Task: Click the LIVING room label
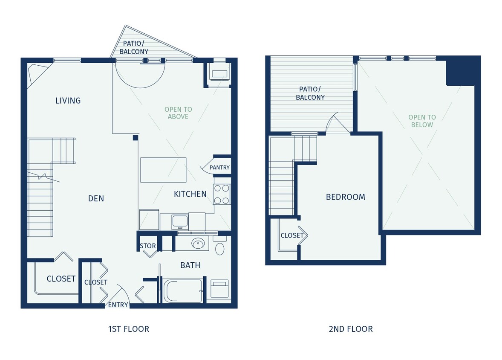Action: tap(68, 101)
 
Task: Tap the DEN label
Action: tap(96, 198)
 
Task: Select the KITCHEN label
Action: tap(190, 194)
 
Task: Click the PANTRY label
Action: tap(219, 168)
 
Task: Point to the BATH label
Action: tap(190, 265)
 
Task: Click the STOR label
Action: tap(147, 246)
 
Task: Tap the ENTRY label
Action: tap(118, 305)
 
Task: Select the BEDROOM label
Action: tap(346, 197)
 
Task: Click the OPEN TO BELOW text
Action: tap(422, 121)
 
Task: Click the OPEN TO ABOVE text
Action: tap(178, 113)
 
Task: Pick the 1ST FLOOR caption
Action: tap(129, 329)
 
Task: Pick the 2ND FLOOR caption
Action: tap(351, 329)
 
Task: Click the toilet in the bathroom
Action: tap(220, 247)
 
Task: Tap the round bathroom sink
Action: tap(198, 244)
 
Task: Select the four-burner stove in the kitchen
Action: tap(222, 194)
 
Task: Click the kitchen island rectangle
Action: tap(163, 170)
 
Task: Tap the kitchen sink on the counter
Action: tap(180, 221)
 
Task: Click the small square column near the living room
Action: tap(135, 137)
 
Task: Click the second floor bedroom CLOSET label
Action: tap(292, 235)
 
